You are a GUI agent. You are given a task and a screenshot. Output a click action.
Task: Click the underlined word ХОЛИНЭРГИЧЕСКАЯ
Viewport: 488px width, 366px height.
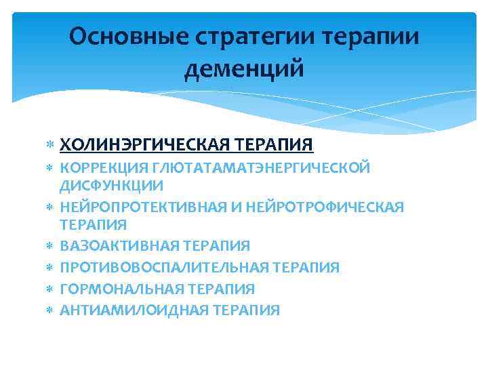147,145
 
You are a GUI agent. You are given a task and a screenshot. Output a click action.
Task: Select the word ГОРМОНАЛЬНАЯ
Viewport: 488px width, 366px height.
119,289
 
